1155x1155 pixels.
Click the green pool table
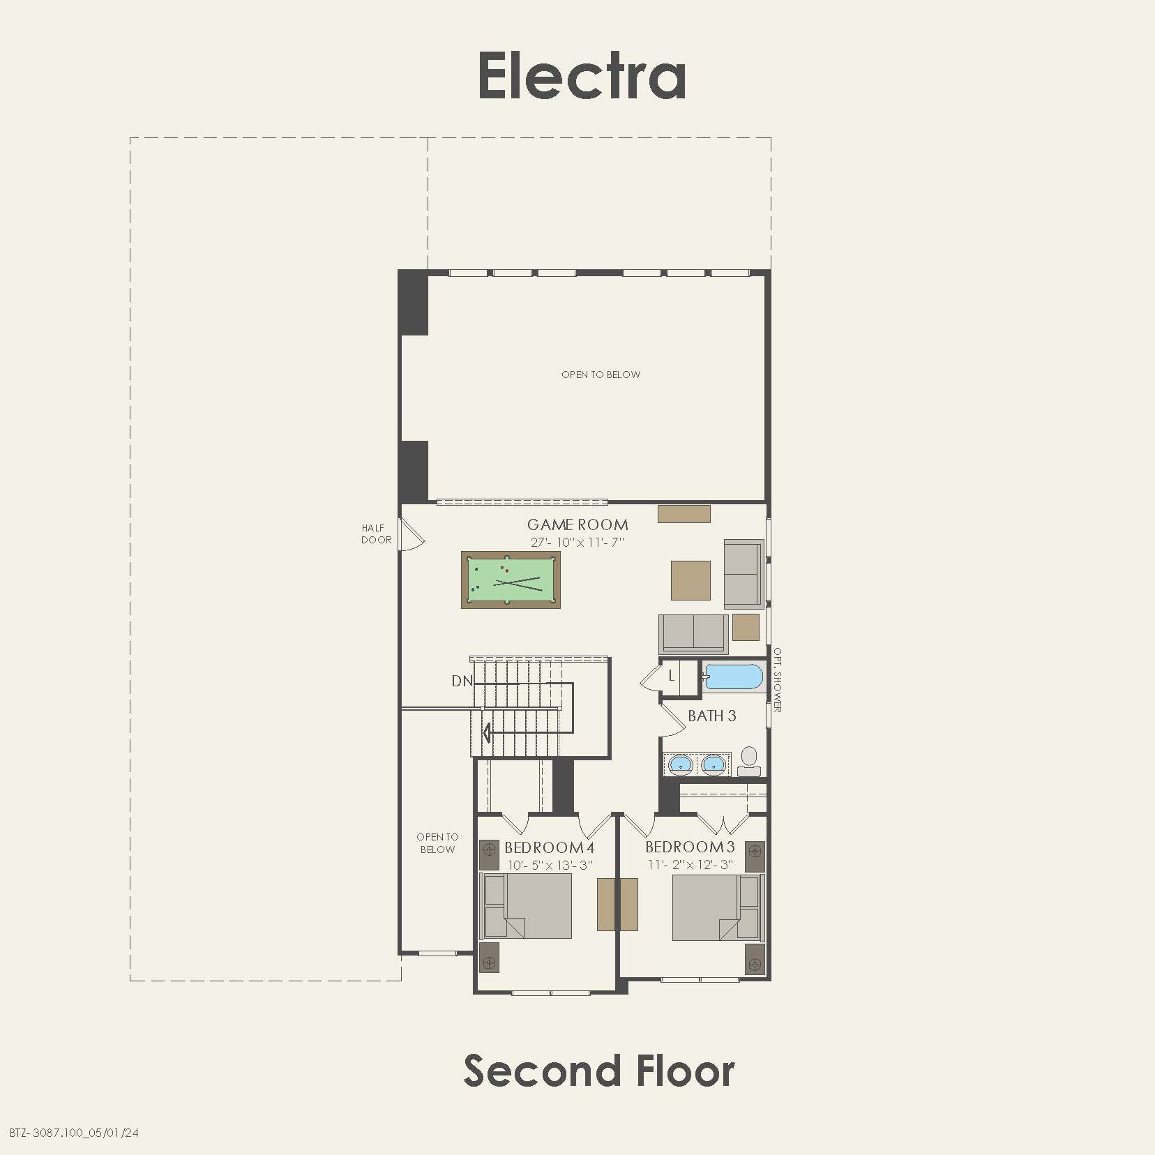tap(511, 580)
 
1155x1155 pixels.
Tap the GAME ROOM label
tap(577, 524)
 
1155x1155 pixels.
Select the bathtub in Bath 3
tap(733, 677)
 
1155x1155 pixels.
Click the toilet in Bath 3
tap(748, 760)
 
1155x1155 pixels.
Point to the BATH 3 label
tap(711, 716)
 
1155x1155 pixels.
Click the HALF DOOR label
tap(376, 534)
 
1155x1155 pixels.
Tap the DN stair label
tap(462, 681)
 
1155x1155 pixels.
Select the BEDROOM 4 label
tap(549, 847)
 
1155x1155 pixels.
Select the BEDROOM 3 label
tap(690, 847)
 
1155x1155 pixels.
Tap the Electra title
tap(582, 76)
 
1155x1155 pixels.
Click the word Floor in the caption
tap(685, 1071)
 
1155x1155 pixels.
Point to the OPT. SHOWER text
tap(777, 680)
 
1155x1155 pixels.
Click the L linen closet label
tap(672, 675)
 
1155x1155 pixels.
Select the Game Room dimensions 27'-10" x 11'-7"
tap(577, 542)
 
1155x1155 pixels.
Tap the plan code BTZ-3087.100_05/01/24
tap(74, 1132)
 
